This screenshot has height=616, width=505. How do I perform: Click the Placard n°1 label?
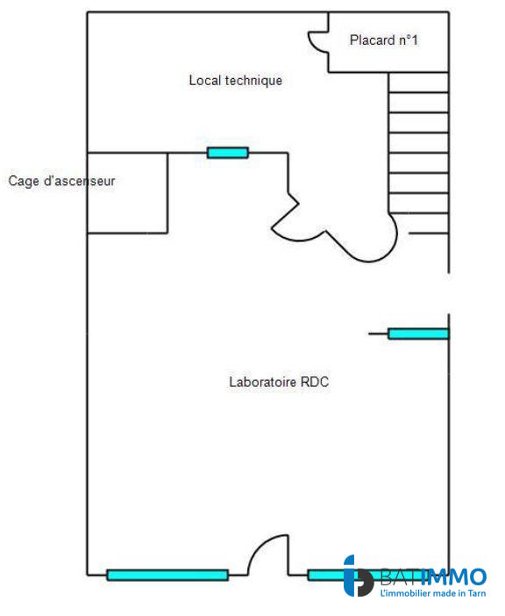coord(384,40)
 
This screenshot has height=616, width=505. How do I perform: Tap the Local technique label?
coord(236,81)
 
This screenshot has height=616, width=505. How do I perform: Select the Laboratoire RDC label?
coord(279,382)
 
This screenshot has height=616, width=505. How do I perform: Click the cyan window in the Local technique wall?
coord(228,153)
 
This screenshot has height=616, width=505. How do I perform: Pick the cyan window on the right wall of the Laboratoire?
coord(418,333)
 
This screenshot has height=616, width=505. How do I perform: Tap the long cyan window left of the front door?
coord(167,576)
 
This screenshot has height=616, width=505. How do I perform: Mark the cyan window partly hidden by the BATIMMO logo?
coord(326,576)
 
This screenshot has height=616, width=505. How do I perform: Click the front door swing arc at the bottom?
coord(265,553)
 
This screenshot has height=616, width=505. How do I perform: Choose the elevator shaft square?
coord(128,193)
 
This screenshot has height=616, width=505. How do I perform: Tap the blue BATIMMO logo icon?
coord(358,577)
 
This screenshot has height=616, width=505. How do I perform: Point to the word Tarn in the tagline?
coord(474,595)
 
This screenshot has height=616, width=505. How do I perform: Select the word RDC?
coord(315,382)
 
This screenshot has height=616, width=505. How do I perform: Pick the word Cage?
coord(24,182)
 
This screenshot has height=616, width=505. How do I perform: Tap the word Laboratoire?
coord(263,382)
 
